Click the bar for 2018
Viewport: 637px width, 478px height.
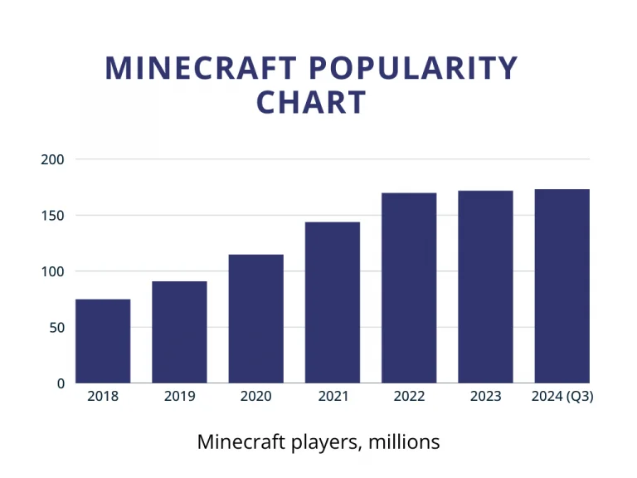tap(103, 341)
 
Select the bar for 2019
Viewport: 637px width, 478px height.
tap(179, 332)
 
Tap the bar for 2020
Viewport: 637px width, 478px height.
tap(255, 319)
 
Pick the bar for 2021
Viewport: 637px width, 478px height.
tap(333, 302)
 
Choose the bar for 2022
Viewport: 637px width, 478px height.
tap(409, 288)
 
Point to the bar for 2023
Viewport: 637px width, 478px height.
tap(485, 286)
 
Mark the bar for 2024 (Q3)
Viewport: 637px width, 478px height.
tap(562, 286)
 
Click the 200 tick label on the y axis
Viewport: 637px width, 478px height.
tap(51, 159)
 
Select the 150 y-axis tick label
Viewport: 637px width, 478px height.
tap(51, 216)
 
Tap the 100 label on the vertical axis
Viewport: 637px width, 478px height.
tap(51, 271)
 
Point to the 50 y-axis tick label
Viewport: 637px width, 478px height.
tap(55, 328)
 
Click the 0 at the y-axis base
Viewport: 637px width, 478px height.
tap(60, 383)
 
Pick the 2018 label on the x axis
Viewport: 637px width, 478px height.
tap(103, 397)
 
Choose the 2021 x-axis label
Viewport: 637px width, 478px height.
tap(333, 397)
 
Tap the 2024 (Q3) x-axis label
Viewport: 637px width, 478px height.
tap(562, 397)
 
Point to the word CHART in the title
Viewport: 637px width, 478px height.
tap(311, 103)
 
